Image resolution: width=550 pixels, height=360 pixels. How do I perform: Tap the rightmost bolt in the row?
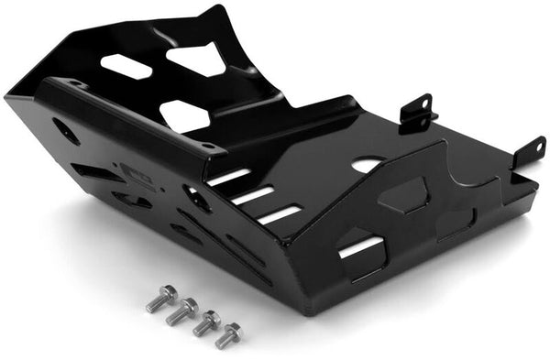pyautogui.click(x=227, y=335)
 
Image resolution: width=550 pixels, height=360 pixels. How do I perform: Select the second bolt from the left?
pyautogui.click(x=182, y=311)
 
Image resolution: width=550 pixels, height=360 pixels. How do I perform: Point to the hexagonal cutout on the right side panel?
pyautogui.click(x=402, y=194)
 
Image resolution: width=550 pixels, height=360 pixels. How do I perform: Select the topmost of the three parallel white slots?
pyautogui.click(x=228, y=176)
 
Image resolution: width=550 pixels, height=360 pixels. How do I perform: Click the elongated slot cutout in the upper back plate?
pyautogui.click(x=126, y=66)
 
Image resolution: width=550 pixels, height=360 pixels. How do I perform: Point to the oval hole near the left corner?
pyautogui.click(x=66, y=130)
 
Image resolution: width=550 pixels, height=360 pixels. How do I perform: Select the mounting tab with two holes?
pyautogui.click(x=417, y=113)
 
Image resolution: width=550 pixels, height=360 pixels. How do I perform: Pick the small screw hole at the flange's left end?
pyautogui.click(x=75, y=83)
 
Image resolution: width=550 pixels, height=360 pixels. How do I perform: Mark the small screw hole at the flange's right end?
pyautogui.click(x=210, y=146)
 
